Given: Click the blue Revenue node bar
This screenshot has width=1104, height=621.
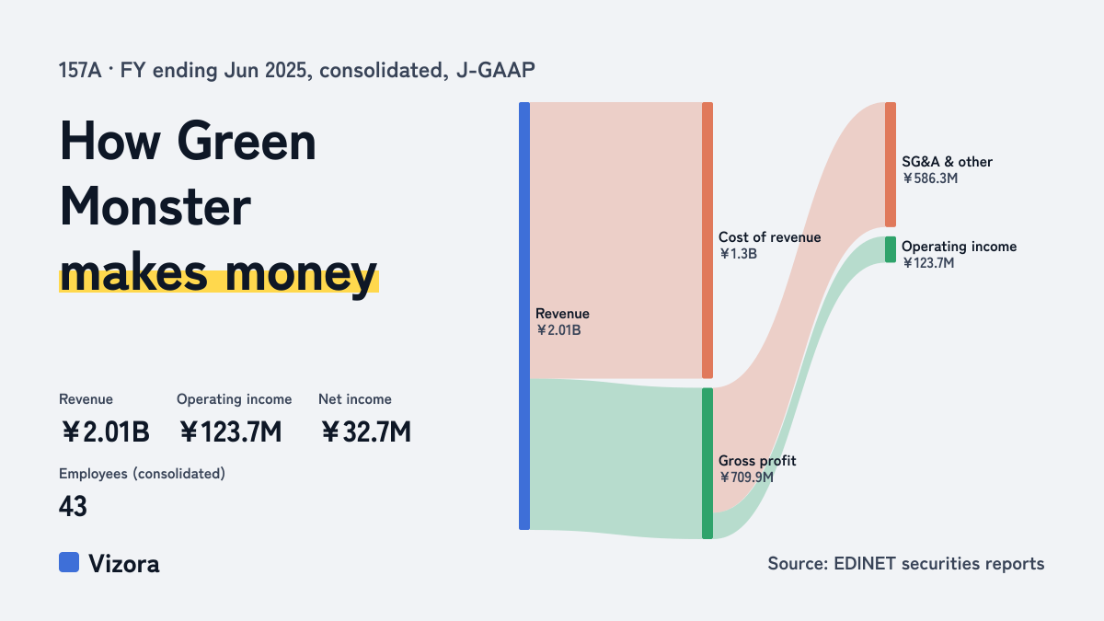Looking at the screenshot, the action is [x=524, y=316].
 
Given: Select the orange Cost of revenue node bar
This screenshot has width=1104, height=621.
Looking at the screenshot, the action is [x=707, y=240].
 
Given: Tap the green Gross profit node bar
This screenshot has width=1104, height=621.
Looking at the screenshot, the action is [x=707, y=464].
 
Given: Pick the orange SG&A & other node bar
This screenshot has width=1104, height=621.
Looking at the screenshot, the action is [x=891, y=165].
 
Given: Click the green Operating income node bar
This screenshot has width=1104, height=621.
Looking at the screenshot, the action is [x=891, y=249].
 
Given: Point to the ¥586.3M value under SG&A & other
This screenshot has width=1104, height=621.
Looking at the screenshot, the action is [x=930, y=178].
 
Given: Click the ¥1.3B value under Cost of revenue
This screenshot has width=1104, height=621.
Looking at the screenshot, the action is [x=738, y=254].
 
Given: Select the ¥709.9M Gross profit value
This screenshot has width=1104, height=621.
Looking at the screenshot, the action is [x=746, y=477].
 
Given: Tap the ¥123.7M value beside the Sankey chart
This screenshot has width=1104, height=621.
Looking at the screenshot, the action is [x=928, y=263].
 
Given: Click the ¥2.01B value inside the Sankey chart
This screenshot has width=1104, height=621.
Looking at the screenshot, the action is [x=558, y=330].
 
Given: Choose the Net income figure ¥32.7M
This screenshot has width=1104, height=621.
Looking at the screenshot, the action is [x=365, y=431].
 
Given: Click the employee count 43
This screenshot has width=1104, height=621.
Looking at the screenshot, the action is [x=73, y=506].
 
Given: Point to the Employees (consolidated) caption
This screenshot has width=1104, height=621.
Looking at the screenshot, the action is [x=142, y=474].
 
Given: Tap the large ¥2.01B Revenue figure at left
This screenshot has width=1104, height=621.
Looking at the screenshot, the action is [x=105, y=431].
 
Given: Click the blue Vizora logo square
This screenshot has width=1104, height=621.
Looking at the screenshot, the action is [x=69, y=562].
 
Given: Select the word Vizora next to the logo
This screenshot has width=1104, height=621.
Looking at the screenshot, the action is [x=124, y=564].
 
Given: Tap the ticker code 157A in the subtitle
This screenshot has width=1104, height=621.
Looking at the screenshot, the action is [x=80, y=71].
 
